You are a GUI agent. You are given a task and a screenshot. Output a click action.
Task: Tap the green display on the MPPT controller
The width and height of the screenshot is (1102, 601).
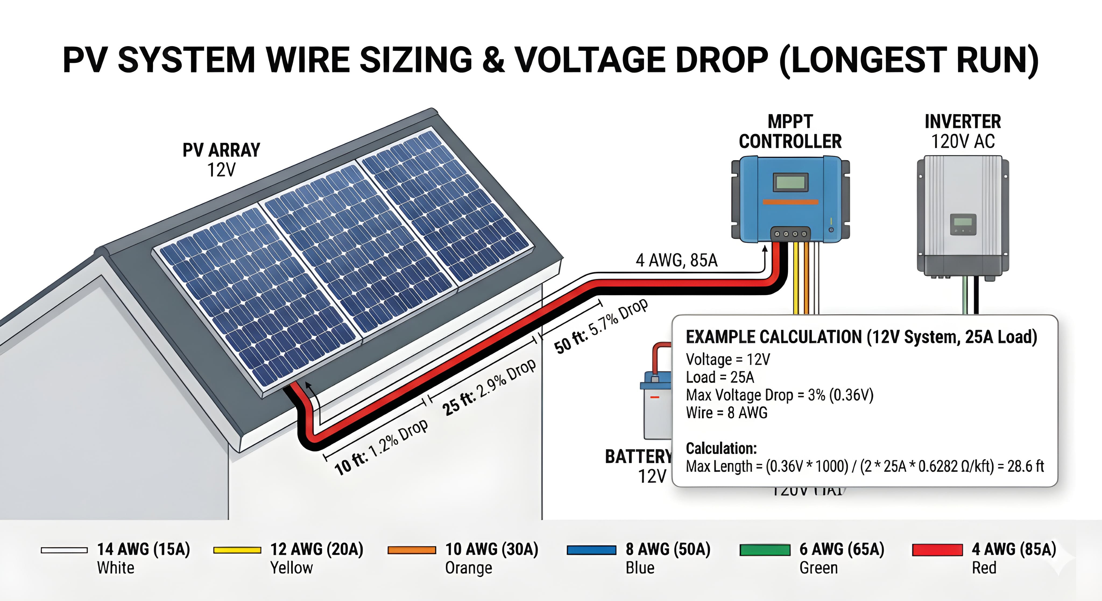click(x=790, y=182)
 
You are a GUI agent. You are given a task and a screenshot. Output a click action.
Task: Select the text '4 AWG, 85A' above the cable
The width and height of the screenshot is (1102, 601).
click(x=677, y=260)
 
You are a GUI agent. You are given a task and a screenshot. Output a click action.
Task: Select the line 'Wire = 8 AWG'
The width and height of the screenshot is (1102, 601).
click(x=726, y=413)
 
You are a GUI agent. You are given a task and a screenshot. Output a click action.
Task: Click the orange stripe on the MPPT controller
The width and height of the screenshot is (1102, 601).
click(x=790, y=202)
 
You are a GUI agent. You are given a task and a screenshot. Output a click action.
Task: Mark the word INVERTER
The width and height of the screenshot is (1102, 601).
click(x=963, y=121)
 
